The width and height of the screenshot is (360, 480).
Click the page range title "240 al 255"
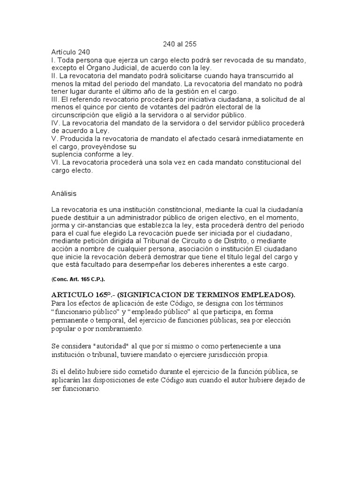click(180, 44)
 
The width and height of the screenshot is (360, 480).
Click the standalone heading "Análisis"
click(64, 193)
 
